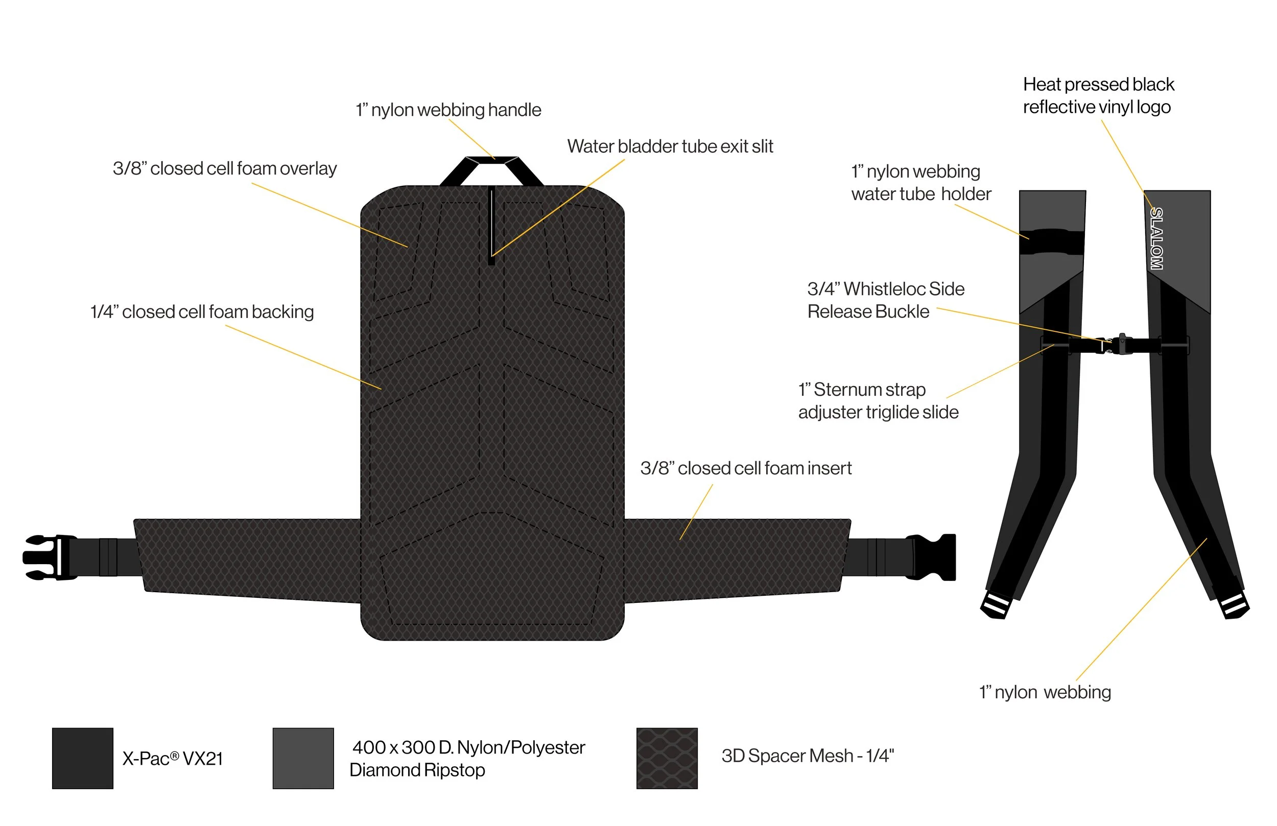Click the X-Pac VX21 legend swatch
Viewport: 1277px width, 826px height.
point(83,758)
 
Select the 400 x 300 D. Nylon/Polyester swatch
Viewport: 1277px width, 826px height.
point(303,758)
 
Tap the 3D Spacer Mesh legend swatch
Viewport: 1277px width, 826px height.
point(667,758)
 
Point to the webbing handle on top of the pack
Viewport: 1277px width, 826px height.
point(491,161)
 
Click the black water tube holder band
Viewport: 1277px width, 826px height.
point(1052,242)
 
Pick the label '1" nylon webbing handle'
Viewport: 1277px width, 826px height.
point(448,110)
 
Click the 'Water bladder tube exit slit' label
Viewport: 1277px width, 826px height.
point(670,147)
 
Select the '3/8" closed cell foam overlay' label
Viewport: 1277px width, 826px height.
point(225,169)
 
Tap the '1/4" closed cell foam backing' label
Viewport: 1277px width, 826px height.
point(202,312)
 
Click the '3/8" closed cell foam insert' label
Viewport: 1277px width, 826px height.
point(746,468)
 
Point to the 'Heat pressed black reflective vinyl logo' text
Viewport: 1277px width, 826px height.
point(1098,95)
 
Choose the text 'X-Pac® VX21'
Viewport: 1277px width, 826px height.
point(173,759)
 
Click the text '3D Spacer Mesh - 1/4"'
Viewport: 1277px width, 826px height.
point(808,756)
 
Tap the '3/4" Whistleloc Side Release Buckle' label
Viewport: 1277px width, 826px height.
point(886,300)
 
